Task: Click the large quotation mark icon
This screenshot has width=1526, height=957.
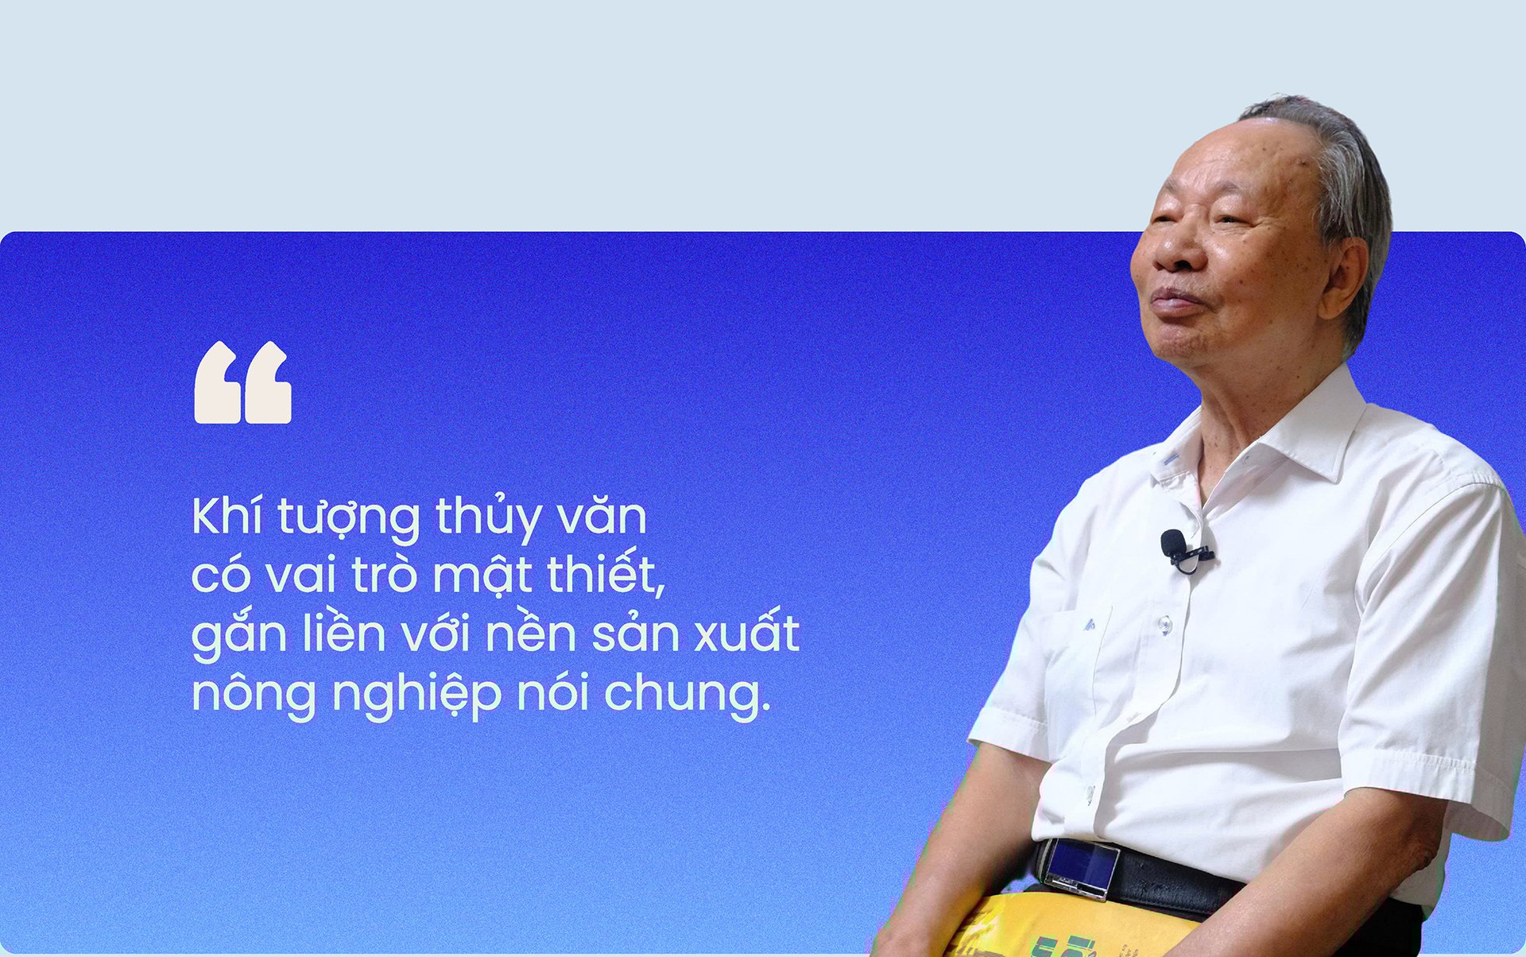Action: pyautogui.click(x=242, y=382)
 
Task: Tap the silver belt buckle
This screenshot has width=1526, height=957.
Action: pyautogui.click(x=1082, y=868)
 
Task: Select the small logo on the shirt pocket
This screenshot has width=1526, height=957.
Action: pyautogui.click(x=1089, y=625)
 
